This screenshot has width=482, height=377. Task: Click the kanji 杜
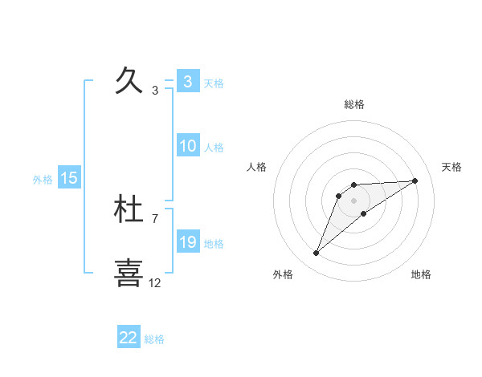coord(129,210)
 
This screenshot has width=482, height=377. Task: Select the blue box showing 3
coord(187,82)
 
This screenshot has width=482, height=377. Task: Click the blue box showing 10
coord(187,146)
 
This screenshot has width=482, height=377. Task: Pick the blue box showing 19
coord(187,242)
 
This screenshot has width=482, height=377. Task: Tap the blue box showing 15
coord(69,178)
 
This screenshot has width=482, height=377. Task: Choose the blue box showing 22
coord(129,338)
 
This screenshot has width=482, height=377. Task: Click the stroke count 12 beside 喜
coord(155,282)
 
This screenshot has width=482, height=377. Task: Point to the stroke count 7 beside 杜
coord(155,218)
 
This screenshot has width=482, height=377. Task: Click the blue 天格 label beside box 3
coord(214,83)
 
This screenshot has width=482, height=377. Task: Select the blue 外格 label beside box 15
coord(43,180)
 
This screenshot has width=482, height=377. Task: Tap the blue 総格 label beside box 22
coord(154,339)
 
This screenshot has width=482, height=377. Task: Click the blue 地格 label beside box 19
coord(214,244)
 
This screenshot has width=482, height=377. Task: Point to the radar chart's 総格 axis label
coord(354,104)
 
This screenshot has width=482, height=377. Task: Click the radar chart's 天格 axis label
coord(452,167)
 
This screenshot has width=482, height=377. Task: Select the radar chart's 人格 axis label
coord(257,167)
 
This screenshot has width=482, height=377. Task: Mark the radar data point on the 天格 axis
coord(415,180)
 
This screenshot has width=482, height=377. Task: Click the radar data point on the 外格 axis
coord(317,253)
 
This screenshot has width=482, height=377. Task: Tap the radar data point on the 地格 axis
coord(364,213)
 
